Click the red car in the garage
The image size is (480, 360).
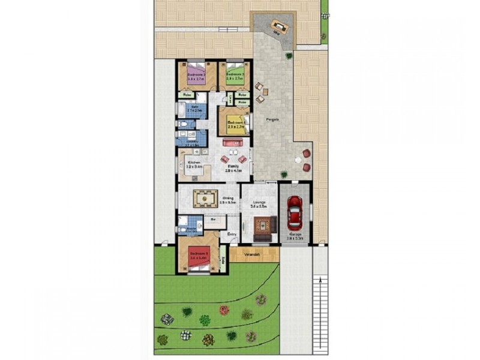pyautogui.click(x=294, y=212)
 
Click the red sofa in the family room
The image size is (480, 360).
pyautogui.click(x=232, y=143)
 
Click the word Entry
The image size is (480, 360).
pyautogui.click(x=232, y=234)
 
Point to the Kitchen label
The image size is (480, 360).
pyautogui.click(x=194, y=163)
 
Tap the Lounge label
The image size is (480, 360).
pyautogui.click(x=260, y=202)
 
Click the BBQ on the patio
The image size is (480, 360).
pyautogui.click(x=278, y=25)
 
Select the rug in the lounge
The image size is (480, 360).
pyautogui.click(x=262, y=226)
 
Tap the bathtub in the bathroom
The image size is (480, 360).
pyautogui.click(x=181, y=109)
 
